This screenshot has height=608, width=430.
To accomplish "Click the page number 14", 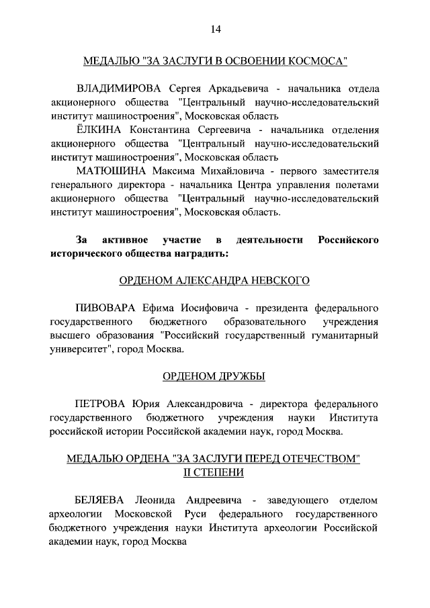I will click(x=215, y=29).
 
